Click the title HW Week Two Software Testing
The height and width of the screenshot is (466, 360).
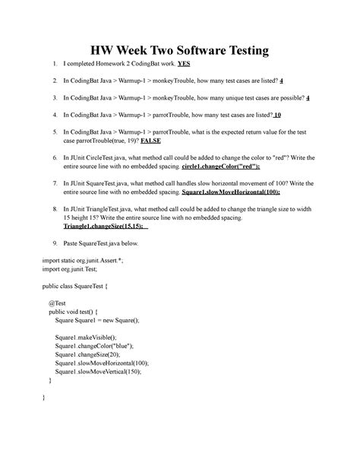[180, 51]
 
